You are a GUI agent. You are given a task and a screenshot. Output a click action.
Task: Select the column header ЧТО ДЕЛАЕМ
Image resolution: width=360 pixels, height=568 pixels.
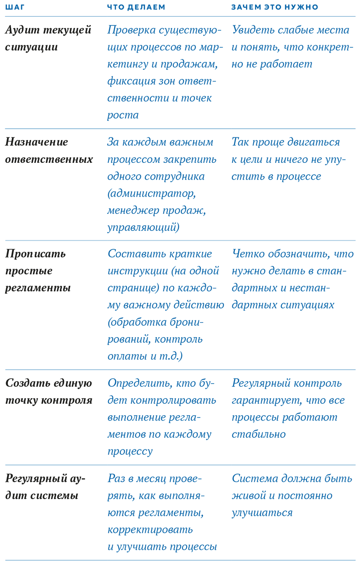(137, 7)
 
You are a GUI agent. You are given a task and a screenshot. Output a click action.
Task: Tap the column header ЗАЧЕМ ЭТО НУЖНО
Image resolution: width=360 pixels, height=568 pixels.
(275, 7)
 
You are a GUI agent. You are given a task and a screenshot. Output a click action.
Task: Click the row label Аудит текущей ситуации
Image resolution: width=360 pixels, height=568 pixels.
(48, 38)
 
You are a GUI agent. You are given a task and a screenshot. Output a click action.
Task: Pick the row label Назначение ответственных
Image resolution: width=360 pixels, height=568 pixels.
(49, 150)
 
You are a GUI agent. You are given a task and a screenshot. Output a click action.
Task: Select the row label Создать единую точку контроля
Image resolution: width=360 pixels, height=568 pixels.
(49, 392)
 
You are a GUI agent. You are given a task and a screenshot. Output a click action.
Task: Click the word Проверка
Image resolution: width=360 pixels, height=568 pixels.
(130, 30)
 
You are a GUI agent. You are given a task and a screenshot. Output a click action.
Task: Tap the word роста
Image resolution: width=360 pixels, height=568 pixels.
(123, 115)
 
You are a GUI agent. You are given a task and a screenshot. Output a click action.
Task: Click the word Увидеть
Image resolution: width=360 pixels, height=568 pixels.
(252, 30)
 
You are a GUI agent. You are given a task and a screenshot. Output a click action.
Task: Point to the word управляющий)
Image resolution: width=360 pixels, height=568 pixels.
(143, 227)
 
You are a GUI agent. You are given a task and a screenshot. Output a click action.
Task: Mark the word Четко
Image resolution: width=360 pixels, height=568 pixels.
(247, 254)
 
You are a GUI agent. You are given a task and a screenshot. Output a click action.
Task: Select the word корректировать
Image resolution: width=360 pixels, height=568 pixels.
(150, 529)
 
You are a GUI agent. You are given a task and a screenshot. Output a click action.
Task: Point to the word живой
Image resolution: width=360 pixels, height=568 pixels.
(249, 496)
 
